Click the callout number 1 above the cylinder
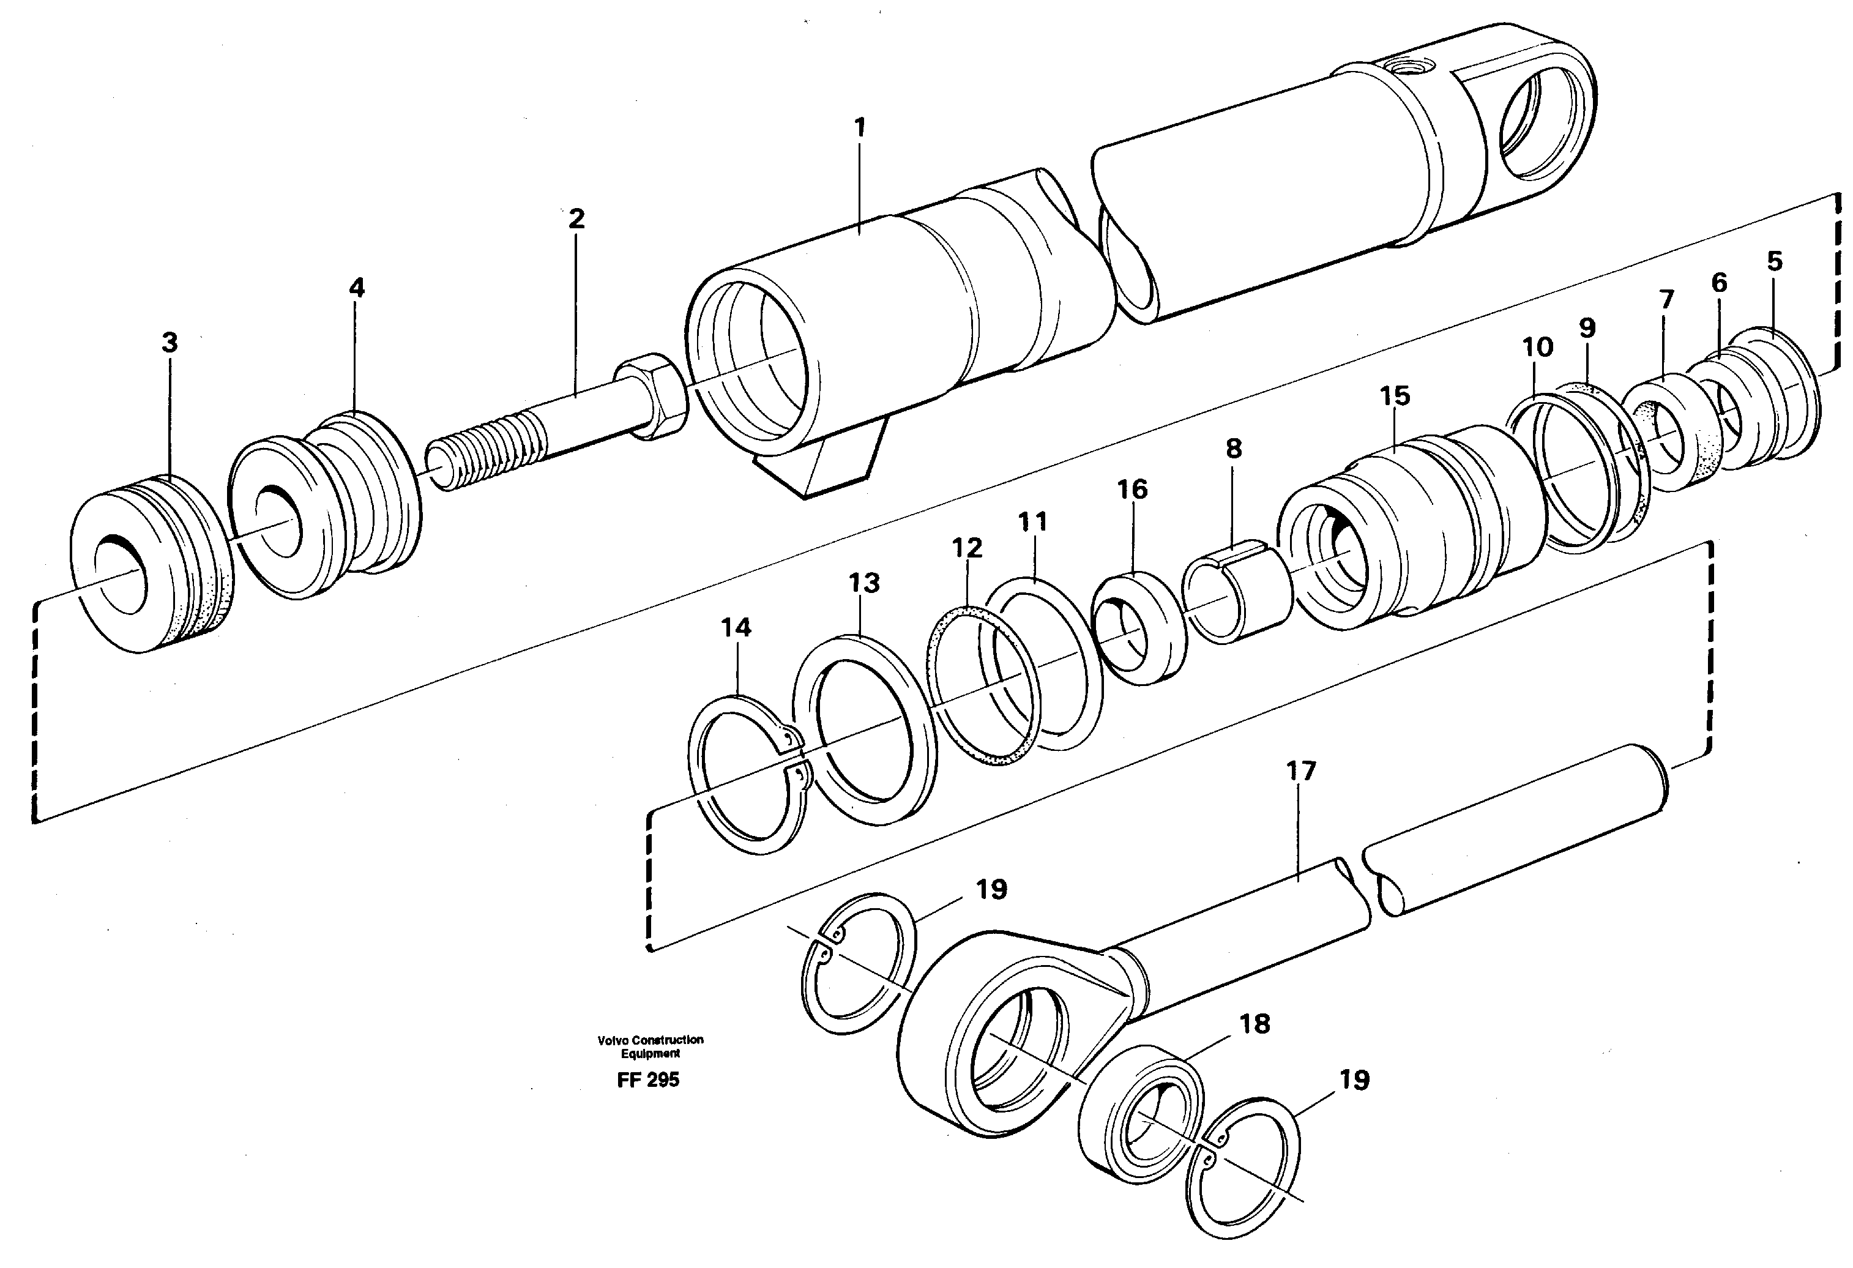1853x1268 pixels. pyautogui.click(x=860, y=128)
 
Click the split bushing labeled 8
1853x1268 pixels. pyautogui.click(x=1237, y=589)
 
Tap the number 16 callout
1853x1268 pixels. pyautogui.click(x=1132, y=490)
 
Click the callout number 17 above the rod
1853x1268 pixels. pyautogui.click(x=1300, y=771)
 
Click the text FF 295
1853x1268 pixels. pyautogui.click(x=647, y=1081)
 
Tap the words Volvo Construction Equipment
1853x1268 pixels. pyautogui.click(x=650, y=1046)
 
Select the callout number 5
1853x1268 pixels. pyautogui.click(x=1774, y=261)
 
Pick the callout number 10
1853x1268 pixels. pyautogui.click(x=1537, y=348)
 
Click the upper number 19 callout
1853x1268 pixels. pyautogui.click(x=991, y=889)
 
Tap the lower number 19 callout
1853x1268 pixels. pyautogui.click(x=1354, y=1081)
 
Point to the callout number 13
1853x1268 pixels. pyautogui.click(x=863, y=583)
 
